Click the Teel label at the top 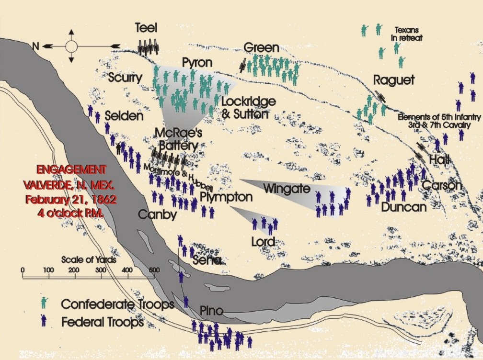tap(146, 28)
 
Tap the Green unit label tap(261, 48)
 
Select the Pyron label tap(197, 63)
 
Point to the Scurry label tap(125, 78)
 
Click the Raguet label tap(393, 80)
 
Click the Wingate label tap(280, 189)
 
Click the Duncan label tap(403, 207)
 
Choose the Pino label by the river tap(211, 312)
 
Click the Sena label tap(207, 261)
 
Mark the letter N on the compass tap(34, 46)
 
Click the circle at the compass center tap(71, 46)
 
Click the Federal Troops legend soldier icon tap(44, 321)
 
